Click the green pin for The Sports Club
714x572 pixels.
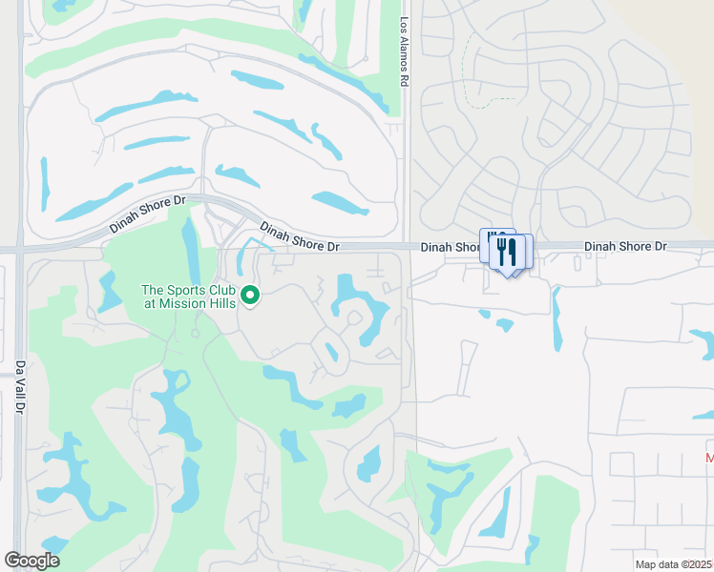pos(251,297)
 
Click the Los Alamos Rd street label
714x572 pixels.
pos(404,52)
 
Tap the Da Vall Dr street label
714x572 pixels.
pos(19,385)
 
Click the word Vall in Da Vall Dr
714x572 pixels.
pos(19,386)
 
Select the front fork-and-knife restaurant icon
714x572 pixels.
pos(507,253)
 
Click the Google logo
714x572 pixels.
pos(31,561)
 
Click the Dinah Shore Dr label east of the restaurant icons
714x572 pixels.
pos(625,246)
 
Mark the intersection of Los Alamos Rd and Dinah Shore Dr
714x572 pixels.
pos(406,247)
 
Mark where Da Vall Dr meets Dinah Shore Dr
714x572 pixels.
pos(19,250)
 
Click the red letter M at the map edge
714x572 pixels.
pos(708,460)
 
